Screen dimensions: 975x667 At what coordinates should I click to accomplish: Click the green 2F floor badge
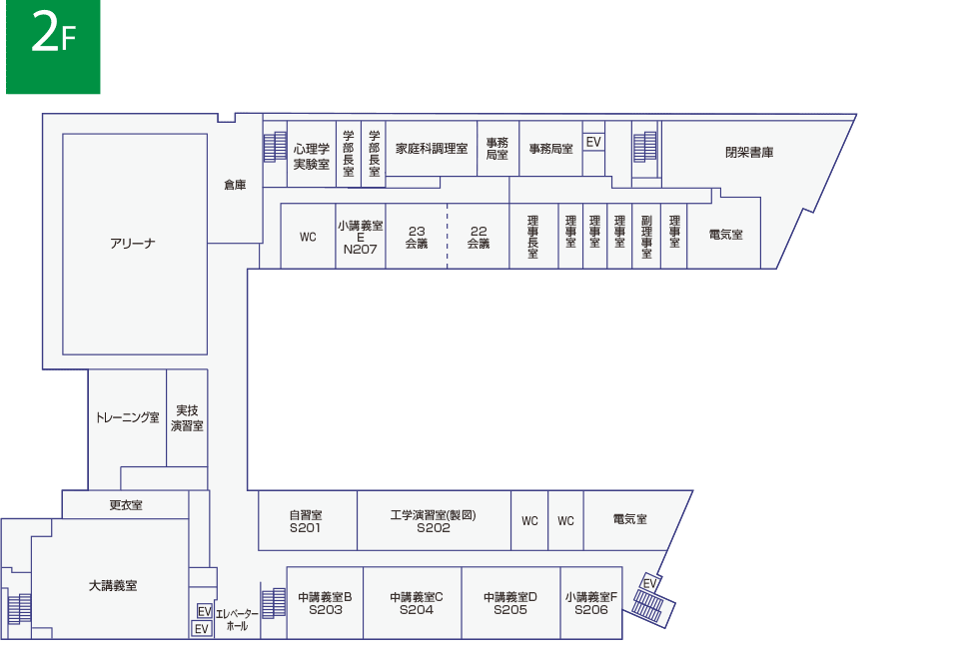click(x=53, y=47)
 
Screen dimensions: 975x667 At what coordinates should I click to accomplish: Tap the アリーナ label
click(x=133, y=244)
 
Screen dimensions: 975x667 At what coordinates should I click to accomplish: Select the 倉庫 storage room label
click(x=235, y=185)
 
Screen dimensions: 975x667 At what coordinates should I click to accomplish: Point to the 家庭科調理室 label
click(x=432, y=149)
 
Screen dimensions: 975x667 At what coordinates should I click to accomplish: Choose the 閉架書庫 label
click(x=749, y=153)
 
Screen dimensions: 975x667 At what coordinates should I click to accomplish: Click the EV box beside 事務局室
click(x=593, y=143)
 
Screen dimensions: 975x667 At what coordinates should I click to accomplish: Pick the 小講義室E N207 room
click(x=361, y=237)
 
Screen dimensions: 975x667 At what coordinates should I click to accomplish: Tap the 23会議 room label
click(x=417, y=238)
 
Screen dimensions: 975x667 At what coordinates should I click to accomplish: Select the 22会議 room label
click(x=479, y=238)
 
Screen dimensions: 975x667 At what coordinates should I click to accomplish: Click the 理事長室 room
click(x=533, y=237)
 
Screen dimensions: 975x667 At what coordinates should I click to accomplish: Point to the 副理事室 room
click(x=646, y=237)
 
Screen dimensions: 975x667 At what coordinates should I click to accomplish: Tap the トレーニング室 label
click(x=128, y=417)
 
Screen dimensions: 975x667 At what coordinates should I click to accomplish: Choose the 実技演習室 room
click(x=187, y=417)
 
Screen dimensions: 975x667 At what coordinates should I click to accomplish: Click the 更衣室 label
click(x=126, y=505)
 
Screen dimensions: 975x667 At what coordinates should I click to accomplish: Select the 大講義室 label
click(x=113, y=585)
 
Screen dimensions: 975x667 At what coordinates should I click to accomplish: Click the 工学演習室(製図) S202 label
click(x=434, y=521)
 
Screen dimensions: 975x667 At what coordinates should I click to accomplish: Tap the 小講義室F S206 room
click(x=591, y=603)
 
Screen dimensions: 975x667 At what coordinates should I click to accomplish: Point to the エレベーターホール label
click(x=237, y=620)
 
